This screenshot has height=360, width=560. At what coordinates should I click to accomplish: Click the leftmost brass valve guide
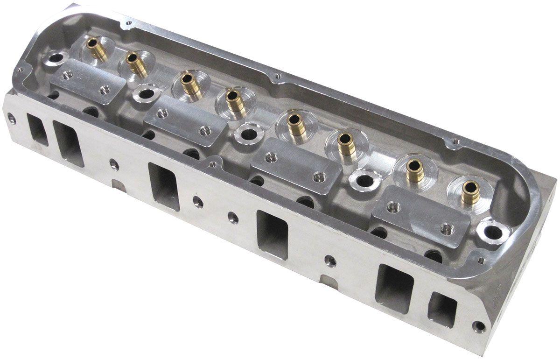tap(97, 49)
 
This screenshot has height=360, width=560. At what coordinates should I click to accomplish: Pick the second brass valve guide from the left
tap(135, 64)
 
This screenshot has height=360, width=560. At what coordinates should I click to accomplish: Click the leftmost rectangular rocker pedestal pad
tap(87, 82)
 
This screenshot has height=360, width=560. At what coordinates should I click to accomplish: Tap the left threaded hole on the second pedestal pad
tap(163, 113)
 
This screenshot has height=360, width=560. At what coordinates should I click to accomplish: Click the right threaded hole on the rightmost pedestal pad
tap(447, 229)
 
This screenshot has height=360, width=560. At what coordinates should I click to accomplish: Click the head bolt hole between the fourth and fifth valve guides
tap(248, 134)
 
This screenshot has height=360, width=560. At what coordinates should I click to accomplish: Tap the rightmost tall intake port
tap(394, 287)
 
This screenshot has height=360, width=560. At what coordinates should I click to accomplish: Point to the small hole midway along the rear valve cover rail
tap(279, 76)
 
